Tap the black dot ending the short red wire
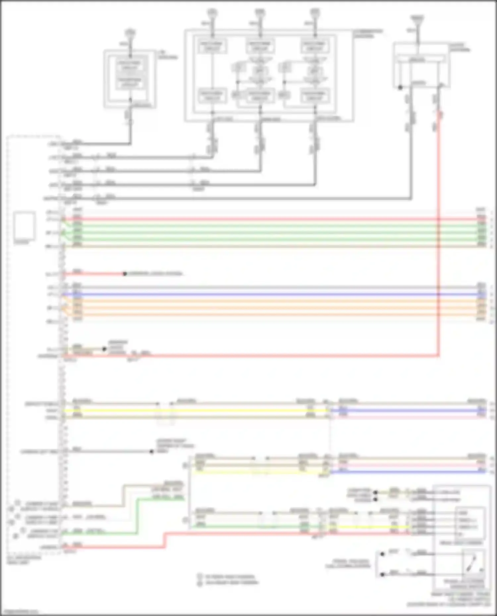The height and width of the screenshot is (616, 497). (125, 274)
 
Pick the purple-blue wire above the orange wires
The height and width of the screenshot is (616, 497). (265, 294)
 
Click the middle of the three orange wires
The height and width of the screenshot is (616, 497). (265, 308)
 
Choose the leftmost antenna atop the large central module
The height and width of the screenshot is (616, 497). (212, 13)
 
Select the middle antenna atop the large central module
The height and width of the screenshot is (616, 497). (260, 13)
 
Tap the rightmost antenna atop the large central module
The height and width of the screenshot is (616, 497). (314, 13)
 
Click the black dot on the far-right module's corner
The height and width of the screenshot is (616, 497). (400, 88)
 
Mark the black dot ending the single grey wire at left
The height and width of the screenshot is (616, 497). (151, 451)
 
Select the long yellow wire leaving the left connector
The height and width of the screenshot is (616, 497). (192, 411)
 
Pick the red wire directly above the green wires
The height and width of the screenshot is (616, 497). (265, 219)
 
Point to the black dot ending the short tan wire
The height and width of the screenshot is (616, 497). (104, 349)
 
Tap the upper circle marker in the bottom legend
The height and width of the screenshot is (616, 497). (199, 576)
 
